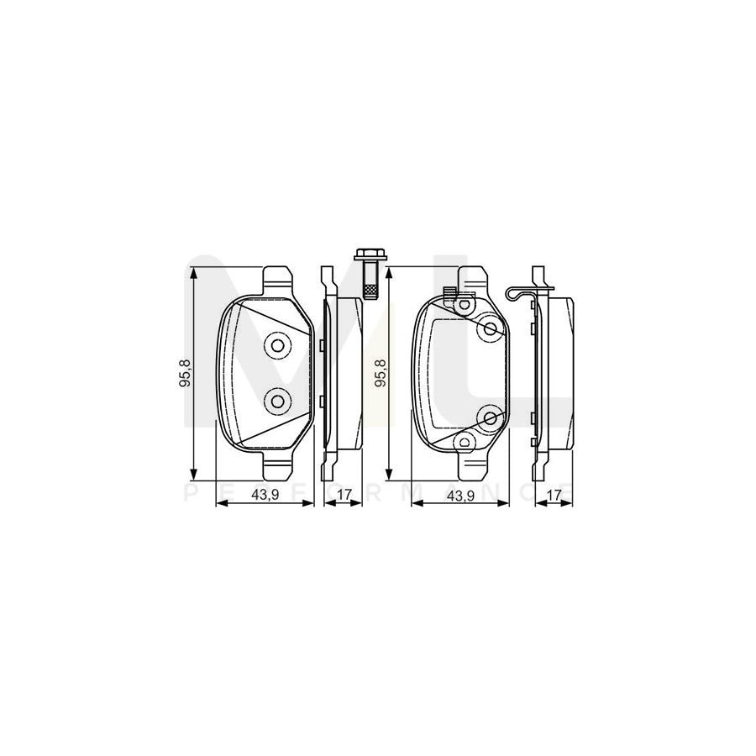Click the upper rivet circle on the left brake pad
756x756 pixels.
[276, 344]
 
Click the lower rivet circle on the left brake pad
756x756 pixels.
[276, 402]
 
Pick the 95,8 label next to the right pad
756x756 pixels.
[381, 371]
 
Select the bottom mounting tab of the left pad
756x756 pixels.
[277, 465]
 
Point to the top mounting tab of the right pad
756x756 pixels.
[471, 278]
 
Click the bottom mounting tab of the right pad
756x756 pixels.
[471, 465]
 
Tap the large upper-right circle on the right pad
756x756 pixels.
[490, 329]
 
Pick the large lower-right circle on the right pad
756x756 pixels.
[490, 416]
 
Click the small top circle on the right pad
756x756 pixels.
[462, 306]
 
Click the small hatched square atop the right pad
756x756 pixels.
[449, 293]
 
